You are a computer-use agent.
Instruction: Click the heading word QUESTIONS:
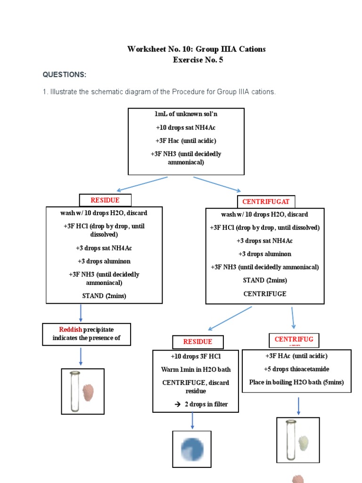(65, 75)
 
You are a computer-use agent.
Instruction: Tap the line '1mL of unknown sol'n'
(186, 114)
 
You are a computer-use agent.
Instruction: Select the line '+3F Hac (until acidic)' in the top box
(186, 141)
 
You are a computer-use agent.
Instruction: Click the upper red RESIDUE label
(105, 200)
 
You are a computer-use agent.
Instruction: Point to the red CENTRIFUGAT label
(265, 202)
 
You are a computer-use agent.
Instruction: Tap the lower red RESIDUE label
(197, 341)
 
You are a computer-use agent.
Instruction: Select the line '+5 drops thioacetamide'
(296, 369)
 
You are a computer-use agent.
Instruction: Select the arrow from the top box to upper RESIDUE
(141, 184)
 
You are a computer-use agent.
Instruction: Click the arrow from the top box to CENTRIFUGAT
(217, 184)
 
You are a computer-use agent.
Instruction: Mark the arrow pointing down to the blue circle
(192, 420)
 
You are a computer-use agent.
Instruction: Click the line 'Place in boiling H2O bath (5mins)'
(296, 382)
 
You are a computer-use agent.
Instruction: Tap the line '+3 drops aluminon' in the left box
(104, 261)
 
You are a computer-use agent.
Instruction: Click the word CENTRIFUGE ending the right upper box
(265, 293)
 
